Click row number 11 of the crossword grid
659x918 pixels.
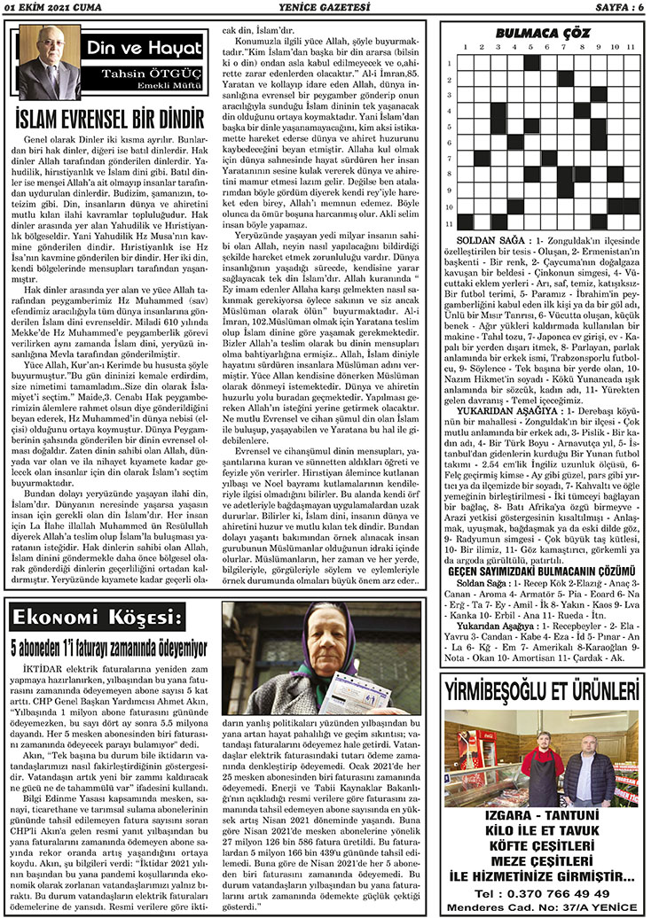point(451,225)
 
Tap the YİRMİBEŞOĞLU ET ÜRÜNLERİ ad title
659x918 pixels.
point(544,689)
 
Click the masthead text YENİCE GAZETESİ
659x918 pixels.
point(330,8)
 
